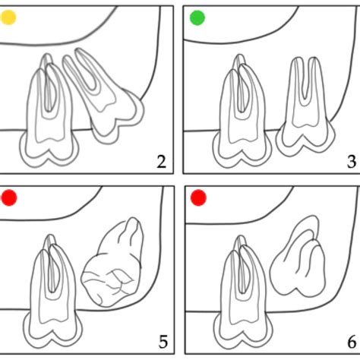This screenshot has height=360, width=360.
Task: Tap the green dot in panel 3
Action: (x=197, y=17)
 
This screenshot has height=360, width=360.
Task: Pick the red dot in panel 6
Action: (x=198, y=199)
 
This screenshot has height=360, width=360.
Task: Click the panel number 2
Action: (x=161, y=160)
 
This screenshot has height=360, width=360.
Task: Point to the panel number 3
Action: (x=351, y=160)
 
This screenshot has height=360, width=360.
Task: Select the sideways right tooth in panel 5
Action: (x=114, y=266)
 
